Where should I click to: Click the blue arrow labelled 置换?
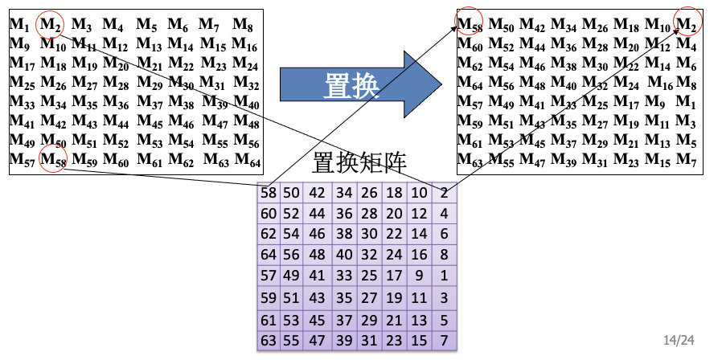click(x=354, y=84)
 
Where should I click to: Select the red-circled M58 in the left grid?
click(x=53, y=159)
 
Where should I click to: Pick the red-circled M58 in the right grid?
click(x=470, y=24)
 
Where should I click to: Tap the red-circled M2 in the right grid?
click(x=686, y=24)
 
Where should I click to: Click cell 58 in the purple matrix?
click(x=269, y=193)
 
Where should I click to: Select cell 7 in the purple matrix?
click(x=445, y=340)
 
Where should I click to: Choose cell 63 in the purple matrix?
click(x=269, y=340)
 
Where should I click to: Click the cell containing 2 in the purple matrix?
click(x=445, y=193)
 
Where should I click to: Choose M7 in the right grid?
click(x=686, y=160)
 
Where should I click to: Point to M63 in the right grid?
click(x=470, y=160)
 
